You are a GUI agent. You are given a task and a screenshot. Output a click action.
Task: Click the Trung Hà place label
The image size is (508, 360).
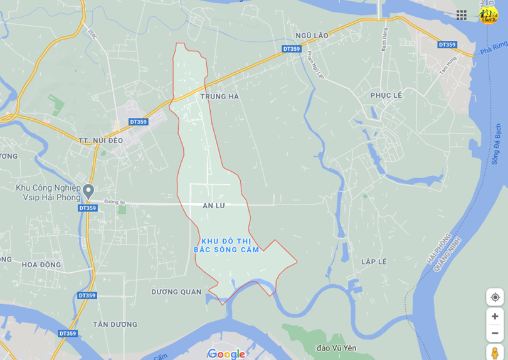[x=220, y=97]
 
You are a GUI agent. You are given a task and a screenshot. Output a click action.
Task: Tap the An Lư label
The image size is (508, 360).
[x=213, y=206]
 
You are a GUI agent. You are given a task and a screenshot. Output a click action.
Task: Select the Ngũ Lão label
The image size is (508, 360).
[x=312, y=36]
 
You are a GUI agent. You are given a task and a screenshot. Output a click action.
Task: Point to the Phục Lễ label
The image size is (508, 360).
[x=386, y=95]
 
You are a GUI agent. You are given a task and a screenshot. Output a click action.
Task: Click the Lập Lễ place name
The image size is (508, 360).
[x=374, y=262]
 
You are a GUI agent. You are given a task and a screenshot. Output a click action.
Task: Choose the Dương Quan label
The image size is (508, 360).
[x=176, y=292]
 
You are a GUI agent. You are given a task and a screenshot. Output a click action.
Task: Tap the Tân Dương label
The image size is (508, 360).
[x=115, y=324]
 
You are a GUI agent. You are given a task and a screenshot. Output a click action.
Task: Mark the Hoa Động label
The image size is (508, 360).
[x=41, y=265]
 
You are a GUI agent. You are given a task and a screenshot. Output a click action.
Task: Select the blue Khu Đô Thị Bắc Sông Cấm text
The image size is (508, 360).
[x=226, y=245]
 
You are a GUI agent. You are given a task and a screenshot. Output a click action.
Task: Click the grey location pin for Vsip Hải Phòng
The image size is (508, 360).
[x=88, y=191]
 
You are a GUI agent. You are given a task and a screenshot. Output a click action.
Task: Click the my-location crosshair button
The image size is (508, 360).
[x=495, y=297]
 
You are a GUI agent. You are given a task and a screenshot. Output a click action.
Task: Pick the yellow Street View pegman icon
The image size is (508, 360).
[x=495, y=352]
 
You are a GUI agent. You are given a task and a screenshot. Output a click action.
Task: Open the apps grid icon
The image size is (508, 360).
[x=462, y=15]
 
